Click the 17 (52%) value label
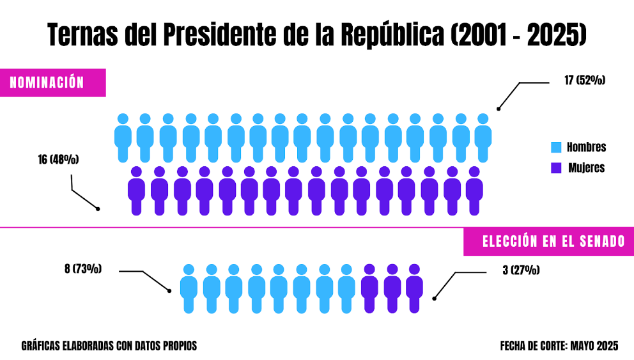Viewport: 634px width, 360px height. (584, 81)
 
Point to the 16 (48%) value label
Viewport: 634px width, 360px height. (58, 159)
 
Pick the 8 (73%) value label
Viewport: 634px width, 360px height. (83, 269)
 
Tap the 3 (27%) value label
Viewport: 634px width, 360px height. (521, 270)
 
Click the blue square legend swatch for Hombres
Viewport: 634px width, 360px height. (555, 148)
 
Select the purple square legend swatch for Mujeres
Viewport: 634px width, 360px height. (555, 168)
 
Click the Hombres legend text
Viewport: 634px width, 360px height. (586, 148)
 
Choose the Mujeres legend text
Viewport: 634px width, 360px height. (586, 168)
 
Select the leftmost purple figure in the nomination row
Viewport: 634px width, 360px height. (136, 191)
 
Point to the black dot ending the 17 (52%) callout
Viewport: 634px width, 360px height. (499, 109)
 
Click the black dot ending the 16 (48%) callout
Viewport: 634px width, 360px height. (98, 208)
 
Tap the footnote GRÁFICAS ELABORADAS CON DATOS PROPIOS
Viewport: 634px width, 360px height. (109, 346)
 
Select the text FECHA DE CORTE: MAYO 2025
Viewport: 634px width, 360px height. (559, 346)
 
